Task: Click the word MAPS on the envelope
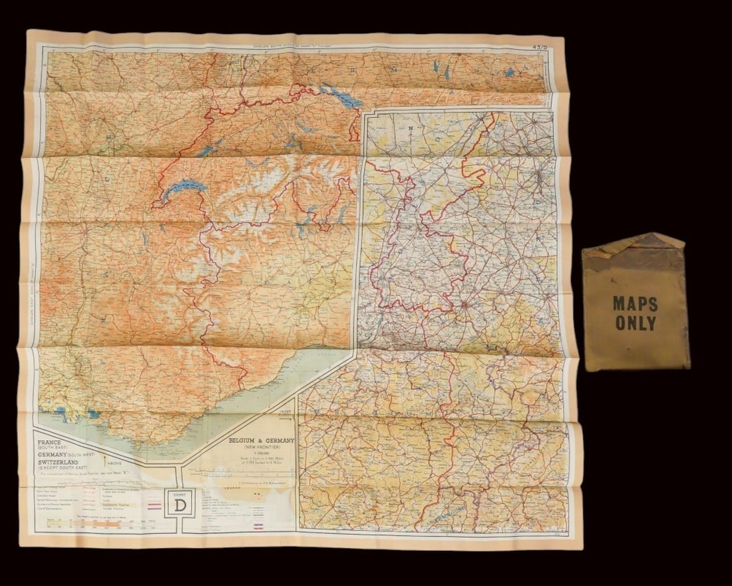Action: click(636, 304)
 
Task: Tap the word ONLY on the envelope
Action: click(636, 324)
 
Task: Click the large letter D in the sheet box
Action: click(180, 505)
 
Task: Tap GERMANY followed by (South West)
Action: click(70, 452)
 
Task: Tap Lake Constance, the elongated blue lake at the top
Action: click(341, 97)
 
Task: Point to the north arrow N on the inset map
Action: click(411, 127)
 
